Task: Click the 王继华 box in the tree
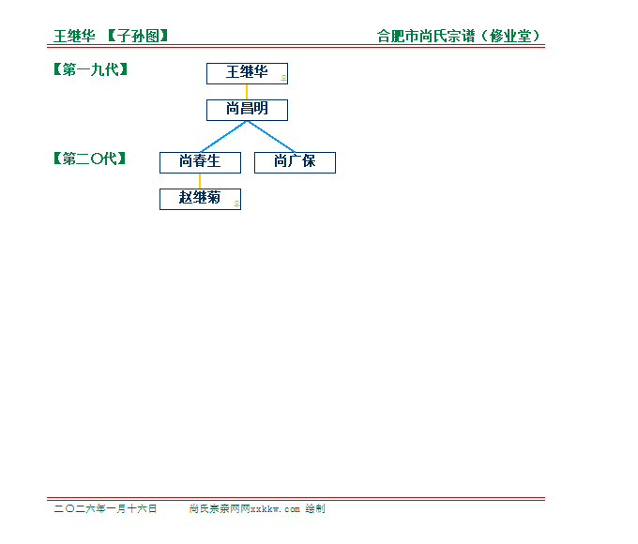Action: (x=247, y=73)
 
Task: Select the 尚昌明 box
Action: (x=247, y=110)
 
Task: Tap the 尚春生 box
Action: (x=200, y=162)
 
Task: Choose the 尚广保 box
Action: (x=295, y=162)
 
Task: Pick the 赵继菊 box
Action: (x=200, y=199)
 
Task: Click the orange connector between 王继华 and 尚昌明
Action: (x=247, y=92)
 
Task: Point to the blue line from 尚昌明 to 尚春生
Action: (x=223, y=136)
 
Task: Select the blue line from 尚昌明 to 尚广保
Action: (x=271, y=136)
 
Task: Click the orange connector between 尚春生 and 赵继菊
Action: (x=200, y=180)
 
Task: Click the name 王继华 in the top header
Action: (x=74, y=37)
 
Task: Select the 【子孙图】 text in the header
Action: (x=138, y=37)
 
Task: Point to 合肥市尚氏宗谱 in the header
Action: (x=427, y=37)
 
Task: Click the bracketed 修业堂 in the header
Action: (x=510, y=37)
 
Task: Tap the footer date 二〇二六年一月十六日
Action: (x=105, y=508)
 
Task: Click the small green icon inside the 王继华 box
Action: (x=283, y=79)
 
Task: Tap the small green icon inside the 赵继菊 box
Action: (x=236, y=204)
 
